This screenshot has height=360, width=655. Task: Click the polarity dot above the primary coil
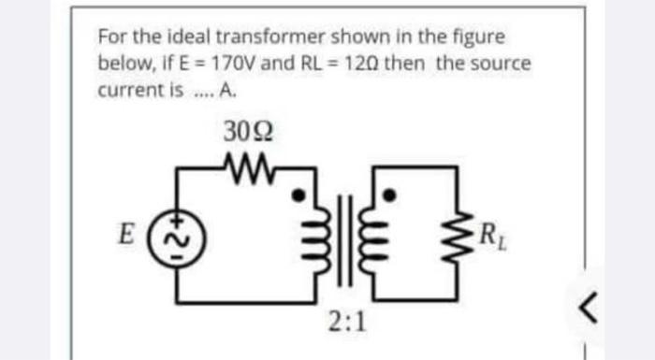tap(299, 196)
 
